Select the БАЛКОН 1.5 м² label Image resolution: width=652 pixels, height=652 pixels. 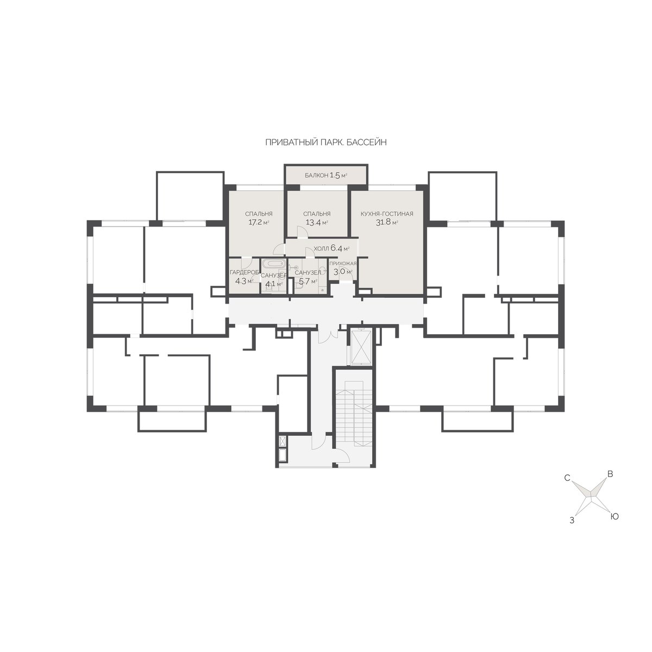point(326,175)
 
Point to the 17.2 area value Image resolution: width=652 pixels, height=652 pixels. point(255,223)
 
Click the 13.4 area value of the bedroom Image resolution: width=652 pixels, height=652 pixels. point(312,223)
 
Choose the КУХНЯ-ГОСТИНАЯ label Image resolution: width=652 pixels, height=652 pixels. point(387,214)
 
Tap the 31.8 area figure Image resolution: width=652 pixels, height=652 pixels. point(383,223)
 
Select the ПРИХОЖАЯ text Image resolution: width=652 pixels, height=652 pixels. point(343,264)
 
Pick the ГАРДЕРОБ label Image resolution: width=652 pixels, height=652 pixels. point(244,272)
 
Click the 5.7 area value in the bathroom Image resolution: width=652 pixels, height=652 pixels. point(304,281)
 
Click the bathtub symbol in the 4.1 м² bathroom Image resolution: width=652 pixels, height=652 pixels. point(273,263)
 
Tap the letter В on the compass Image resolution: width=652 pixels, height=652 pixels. point(610,474)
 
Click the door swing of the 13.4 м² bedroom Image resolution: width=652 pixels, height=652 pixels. point(302,232)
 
